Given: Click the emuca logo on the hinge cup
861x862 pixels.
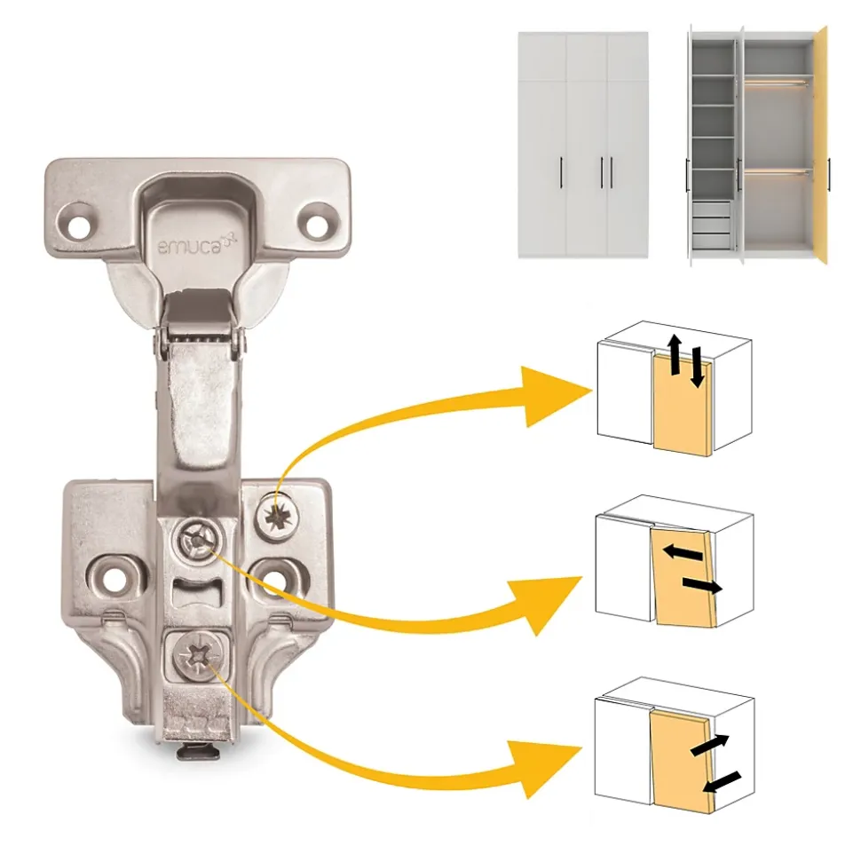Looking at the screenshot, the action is click(197, 245).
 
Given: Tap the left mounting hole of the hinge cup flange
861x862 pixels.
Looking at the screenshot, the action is click(79, 225).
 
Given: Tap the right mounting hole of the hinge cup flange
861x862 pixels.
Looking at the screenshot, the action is click(317, 227).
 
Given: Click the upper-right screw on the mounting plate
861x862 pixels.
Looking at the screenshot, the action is click(277, 517).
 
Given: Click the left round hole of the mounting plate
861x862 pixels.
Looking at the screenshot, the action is click(114, 578).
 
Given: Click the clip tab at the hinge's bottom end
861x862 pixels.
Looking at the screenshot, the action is click(199, 751).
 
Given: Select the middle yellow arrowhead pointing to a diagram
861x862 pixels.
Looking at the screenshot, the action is click(548, 604).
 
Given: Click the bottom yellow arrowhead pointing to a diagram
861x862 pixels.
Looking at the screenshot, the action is click(547, 771).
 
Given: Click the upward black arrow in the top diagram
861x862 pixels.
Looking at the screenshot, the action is click(675, 355).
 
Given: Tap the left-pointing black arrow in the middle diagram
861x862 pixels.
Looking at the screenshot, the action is click(683, 552).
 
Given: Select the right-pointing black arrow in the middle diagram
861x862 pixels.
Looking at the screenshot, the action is click(702, 586).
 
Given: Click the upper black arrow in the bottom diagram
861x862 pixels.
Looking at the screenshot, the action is click(710, 745).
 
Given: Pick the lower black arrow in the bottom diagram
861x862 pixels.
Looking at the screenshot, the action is click(722, 782).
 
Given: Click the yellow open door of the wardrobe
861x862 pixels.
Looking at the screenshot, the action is click(821, 146).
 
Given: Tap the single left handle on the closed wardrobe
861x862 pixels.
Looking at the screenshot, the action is click(561, 172).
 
